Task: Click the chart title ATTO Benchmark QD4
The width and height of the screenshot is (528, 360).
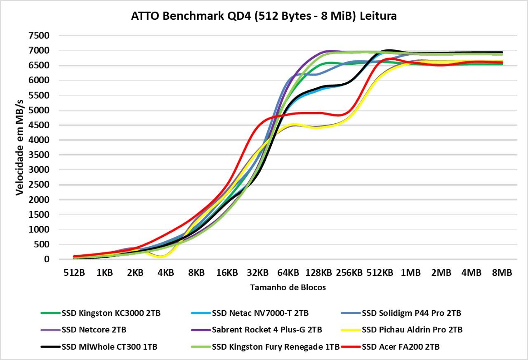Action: click(264, 16)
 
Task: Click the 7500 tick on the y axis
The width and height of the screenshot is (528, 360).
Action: click(39, 36)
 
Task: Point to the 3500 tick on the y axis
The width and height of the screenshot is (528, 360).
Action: click(39, 155)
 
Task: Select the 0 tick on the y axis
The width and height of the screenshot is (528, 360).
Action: click(47, 259)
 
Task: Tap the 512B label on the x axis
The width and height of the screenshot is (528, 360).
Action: click(74, 273)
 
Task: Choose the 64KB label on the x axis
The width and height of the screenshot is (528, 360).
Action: click(288, 273)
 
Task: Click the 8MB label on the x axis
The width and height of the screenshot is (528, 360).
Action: click(502, 273)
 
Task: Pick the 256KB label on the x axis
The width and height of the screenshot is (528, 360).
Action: click(349, 273)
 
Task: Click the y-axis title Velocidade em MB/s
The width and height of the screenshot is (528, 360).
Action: click(19, 147)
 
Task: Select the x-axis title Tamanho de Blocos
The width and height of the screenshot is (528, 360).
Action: click(288, 288)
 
